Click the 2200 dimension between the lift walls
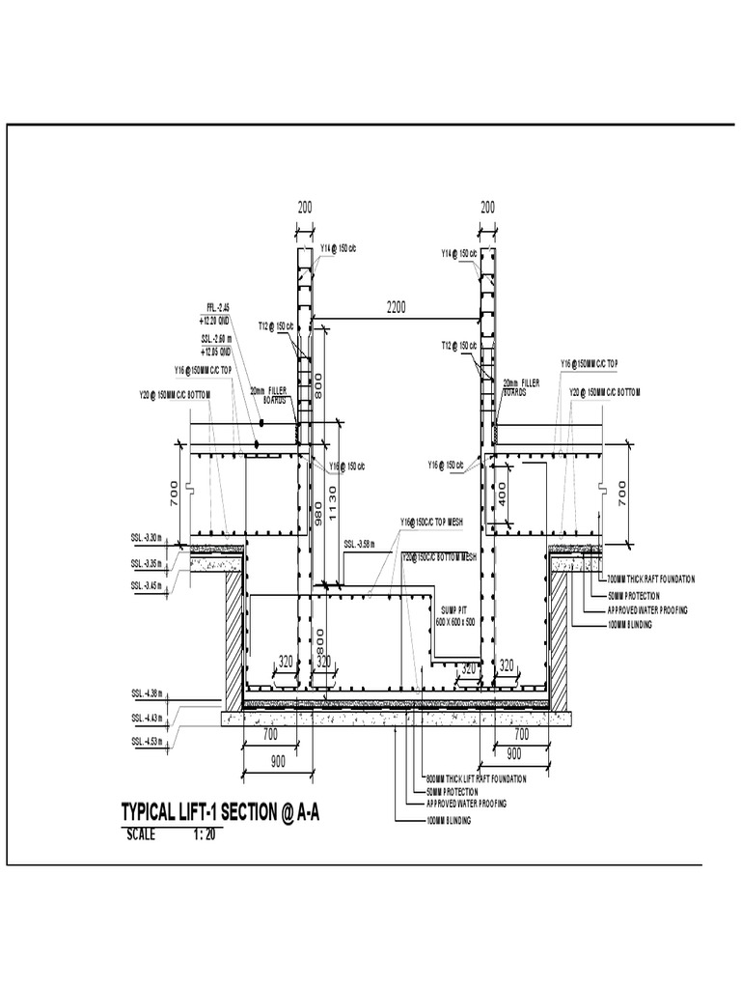tap(397, 307)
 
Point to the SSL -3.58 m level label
tap(359, 544)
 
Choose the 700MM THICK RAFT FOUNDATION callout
tap(651, 579)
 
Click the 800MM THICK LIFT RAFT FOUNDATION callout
tap(476, 778)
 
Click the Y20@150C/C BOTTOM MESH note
tap(439, 557)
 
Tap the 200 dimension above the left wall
tap(305, 207)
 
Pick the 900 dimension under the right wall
tap(514, 752)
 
